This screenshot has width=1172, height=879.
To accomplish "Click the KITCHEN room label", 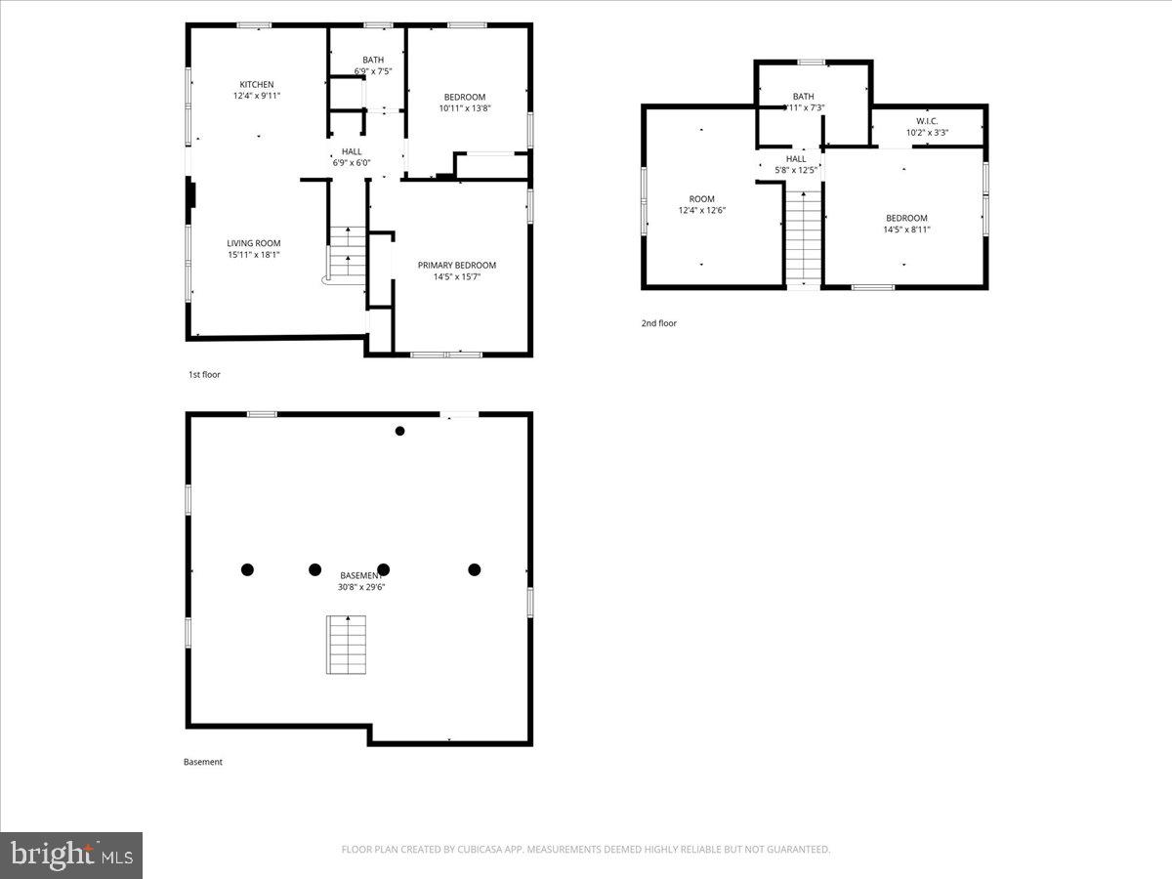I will coord(257,84).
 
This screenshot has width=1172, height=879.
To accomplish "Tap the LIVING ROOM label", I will coord(254,243).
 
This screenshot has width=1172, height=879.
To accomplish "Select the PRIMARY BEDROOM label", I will coord(457,265).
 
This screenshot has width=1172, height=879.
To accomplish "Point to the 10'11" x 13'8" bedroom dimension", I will coord(465,108).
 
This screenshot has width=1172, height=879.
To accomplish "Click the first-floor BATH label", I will coord(373,60).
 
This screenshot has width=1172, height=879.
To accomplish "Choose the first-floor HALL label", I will coord(352,151).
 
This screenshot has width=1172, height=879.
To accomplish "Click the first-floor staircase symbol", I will coord(346,252).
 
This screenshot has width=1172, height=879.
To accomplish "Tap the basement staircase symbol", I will coord(347,645).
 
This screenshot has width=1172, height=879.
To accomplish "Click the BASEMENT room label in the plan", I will coord(360,575).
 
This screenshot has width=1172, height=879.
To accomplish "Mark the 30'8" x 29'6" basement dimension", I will coord(360,587).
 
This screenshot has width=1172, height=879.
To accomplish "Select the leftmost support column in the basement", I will coord(247,569).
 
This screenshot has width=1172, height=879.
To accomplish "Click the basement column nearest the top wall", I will coord(399,431).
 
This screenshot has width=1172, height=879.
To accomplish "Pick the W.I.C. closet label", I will coord(927,121).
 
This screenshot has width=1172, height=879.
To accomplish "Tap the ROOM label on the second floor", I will coord(702,199).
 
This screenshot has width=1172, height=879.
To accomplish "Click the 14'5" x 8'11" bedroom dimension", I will coord(907,230).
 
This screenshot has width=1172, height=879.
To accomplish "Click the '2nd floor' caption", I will coord(658,323).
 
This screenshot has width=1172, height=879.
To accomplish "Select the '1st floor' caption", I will coord(204,374).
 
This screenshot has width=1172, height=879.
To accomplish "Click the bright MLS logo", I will coord(71,856).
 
